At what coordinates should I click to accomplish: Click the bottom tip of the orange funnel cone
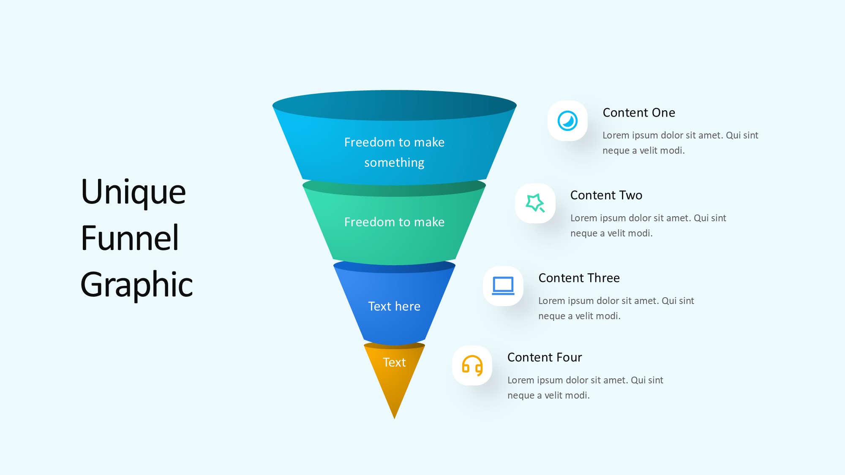(x=394, y=418)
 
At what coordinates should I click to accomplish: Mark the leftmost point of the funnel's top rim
(x=273, y=106)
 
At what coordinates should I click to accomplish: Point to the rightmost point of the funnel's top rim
(x=517, y=106)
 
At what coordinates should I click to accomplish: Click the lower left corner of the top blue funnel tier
(x=303, y=179)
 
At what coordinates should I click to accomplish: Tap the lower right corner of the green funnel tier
(x=455, y=259)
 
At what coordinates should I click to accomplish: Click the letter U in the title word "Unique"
(x=94, y=192)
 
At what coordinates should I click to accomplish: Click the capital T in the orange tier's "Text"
(x=387, y=362)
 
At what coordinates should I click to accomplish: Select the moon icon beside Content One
(x=567, y=121)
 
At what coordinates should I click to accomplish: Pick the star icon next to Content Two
(x=535, y=203)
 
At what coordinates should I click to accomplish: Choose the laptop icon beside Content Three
(x=503, y=286)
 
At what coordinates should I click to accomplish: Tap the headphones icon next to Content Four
(x=472, y=365)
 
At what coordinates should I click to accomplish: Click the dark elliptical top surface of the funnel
(x=395, y=105)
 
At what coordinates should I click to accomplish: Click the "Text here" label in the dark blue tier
(x=394, y=306)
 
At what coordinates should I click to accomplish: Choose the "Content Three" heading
(x=579, y=278)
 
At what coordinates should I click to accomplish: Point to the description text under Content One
(x=680, y=143)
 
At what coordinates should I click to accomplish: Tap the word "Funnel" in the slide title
(x=130, y=238)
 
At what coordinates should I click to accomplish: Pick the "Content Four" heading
(x=545, y=357)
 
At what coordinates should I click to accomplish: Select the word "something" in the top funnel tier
(x=394, y=163)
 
